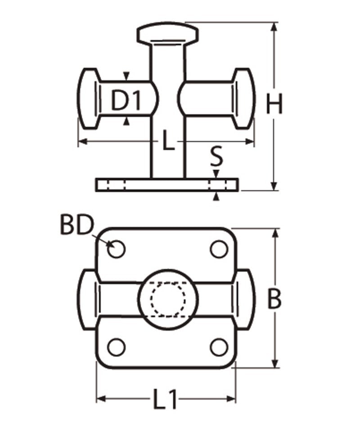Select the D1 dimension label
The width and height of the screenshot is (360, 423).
pos(126,100)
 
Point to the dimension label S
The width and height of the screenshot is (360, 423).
pos(216,158)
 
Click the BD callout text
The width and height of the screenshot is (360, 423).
pos(76,226)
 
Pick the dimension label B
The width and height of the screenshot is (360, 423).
pos(274,299)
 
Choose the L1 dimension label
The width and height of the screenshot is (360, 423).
pos(164,400)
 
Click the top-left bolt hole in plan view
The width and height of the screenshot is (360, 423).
pos(117,249)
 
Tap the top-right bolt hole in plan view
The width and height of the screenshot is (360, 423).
pos(219,249)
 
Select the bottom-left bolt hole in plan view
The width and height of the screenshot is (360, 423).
pos(117,347)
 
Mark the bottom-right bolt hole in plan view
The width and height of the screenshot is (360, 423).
pos(219,347)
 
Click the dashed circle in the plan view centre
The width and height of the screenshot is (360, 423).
pos(168,298)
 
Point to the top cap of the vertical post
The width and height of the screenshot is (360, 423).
pos(167,33)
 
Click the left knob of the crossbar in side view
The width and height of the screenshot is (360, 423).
pos(89,98)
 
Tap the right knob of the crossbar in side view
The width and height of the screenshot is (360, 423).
pos(244,98)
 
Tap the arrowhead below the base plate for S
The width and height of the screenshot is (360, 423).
pos(216,196)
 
